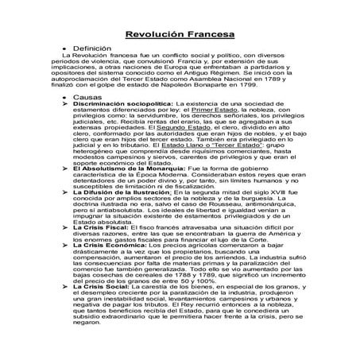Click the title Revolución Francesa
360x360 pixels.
coord(179,35)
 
